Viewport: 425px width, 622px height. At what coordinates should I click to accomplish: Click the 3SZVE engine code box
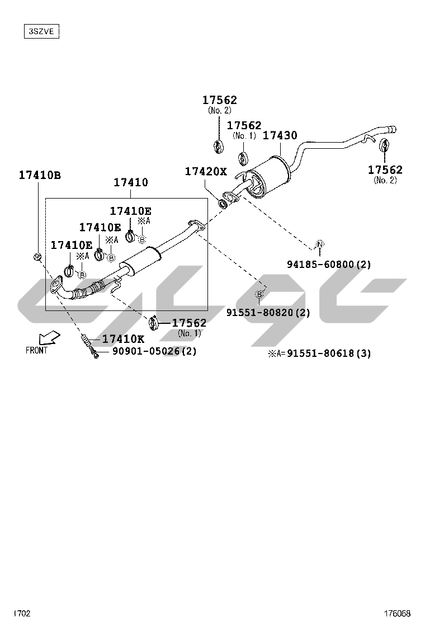[x=41, y=31]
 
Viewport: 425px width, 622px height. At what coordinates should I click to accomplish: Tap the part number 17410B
[x=40, y=175]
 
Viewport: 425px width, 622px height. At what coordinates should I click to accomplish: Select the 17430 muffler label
[x=280, y=135]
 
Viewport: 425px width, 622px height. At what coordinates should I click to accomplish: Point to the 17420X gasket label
[x=206, y=171]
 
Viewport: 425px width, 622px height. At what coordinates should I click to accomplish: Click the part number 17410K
[x=123, y=339]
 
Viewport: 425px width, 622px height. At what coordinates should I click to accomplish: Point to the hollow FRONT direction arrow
[x=49, y=338]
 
